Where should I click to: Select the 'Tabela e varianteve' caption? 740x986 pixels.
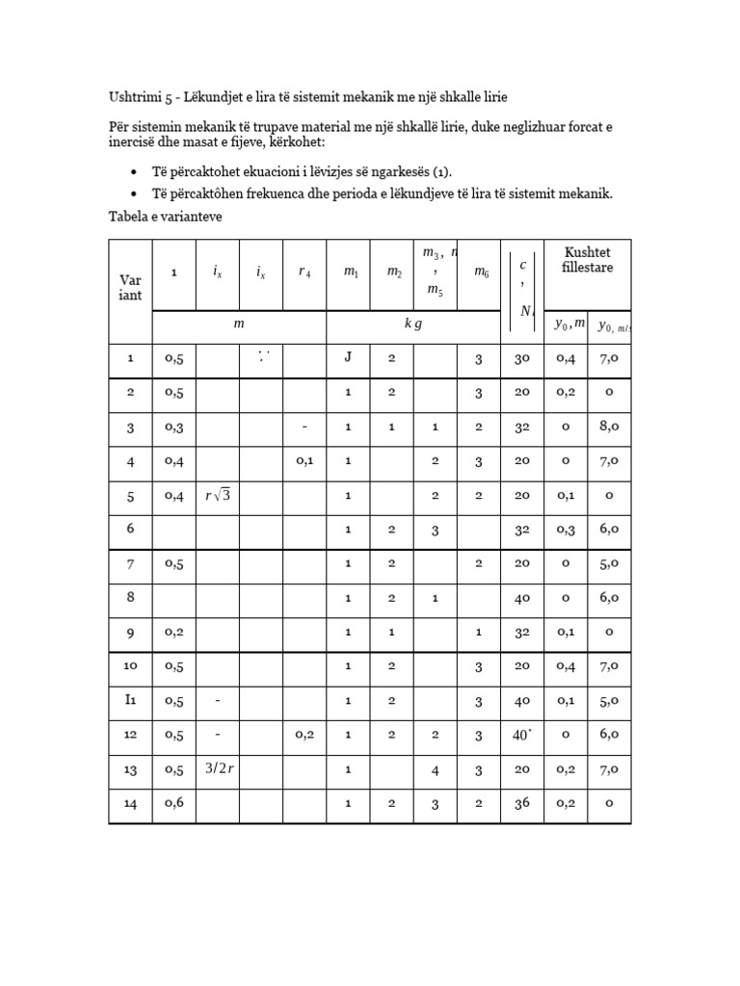pyautogui.click(x=164, y=217)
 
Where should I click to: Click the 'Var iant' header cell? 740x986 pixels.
pyautogui.click(x=130, y=287)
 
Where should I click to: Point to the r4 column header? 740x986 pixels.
pyautogui.click(x=304, y=273)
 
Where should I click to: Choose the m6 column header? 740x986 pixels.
pyautogui.click(x=478, y=273)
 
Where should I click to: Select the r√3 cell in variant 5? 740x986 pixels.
pyautogui.click(x=217, y=496)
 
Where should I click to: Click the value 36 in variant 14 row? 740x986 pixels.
pyautogui.click(x=522, y=803)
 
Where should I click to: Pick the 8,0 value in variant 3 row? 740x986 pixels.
pyautogui.click(x=609, y=427)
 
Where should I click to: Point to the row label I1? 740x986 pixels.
pyautogui.click(x=130, y=700)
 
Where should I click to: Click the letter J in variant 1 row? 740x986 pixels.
pyautogui.click(x=348, y=358)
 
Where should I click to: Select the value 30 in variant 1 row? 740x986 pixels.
pyautogui.click(x=522, y=358)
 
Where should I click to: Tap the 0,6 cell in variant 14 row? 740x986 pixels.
pyautogui.click(x=173, y=803)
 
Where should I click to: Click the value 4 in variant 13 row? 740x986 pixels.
pyautogui.click(x=435, y=769)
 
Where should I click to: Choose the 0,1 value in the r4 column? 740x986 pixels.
pyautogui.click(x=304, y=461)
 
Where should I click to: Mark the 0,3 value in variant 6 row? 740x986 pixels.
pyautogui.click(x=566, y=530)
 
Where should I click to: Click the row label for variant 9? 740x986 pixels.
pyautogui.click(x=130, y=632)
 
